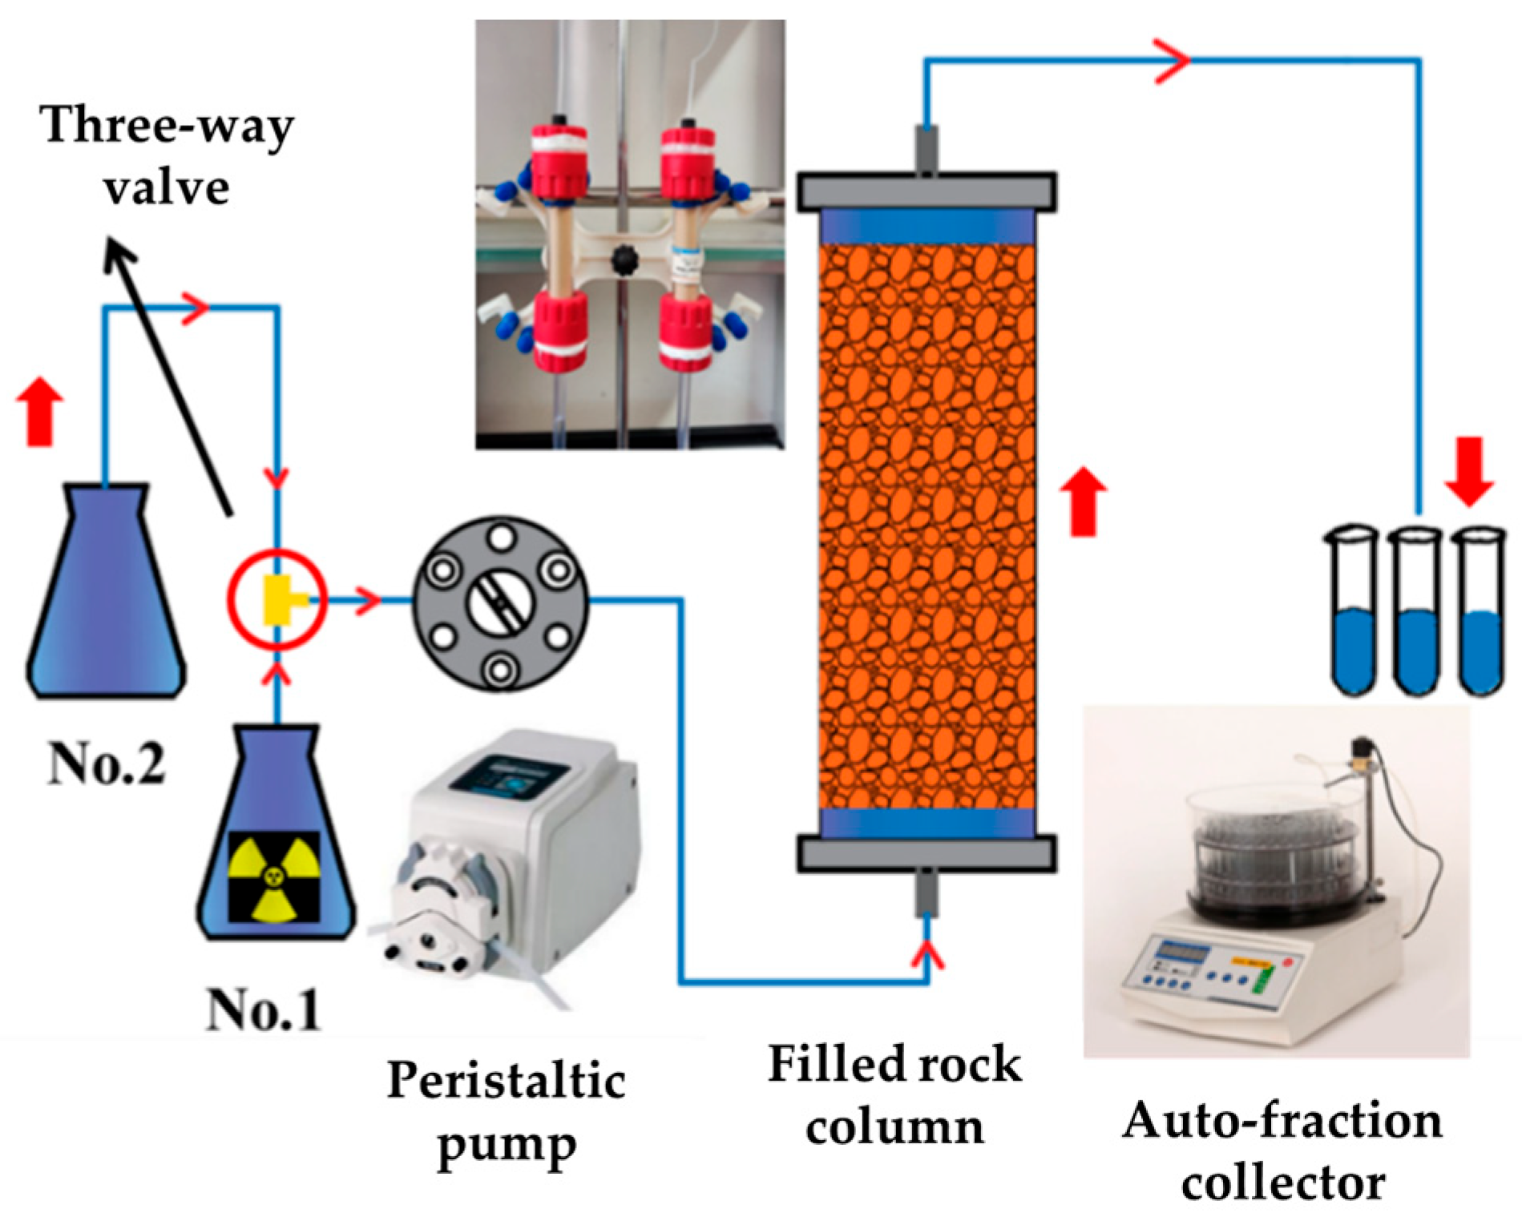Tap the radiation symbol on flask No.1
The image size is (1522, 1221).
coord(274,876)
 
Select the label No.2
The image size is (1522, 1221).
coord(107,764)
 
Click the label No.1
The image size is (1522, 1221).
coord(263,1009)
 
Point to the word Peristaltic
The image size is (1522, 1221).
coord(506,1081)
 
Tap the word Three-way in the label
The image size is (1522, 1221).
coord(167,126)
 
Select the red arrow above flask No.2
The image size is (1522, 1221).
coord(40,413)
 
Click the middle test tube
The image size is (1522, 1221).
coord(1415,613)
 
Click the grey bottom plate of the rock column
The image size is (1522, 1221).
coord(926,853)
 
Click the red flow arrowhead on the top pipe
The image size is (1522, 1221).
coord(1173,60)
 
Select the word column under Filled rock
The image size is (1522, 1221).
coord(894,1127)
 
